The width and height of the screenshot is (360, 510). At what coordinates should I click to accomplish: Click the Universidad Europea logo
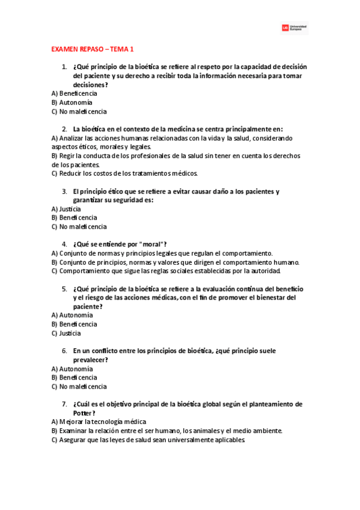pyautogui.click(x=294, y=28)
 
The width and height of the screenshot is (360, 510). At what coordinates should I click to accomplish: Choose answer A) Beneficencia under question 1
pyautogui.click(x=75, y=93)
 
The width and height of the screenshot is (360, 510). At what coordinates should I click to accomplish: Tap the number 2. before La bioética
pyautogui.click(x=64, y=129)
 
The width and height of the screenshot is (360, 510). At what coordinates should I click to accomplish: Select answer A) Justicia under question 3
pyautogui.click(x=66, y=209)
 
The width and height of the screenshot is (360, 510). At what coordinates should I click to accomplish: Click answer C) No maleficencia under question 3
pyautogui.click(x=79, y=227)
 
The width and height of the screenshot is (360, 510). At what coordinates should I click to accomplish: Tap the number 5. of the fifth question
pyautogui.click(x=64, y=289)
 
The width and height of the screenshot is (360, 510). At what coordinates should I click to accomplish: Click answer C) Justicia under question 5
pyautogui.click(x=66, y=333)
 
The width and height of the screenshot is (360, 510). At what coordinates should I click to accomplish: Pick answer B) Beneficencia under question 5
pyautogui.click(x=75, y=324)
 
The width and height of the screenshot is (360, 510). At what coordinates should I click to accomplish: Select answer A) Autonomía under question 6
pyautogui.click(x=72, y=369)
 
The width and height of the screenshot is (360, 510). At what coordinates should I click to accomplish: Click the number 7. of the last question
pyautogui.click(x=64, y=404)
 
